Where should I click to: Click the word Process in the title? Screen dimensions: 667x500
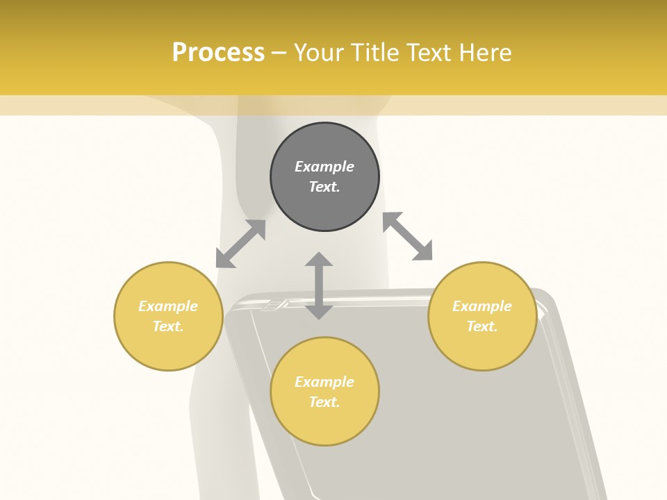tap(218, 52)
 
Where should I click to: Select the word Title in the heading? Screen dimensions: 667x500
tap(376, 52)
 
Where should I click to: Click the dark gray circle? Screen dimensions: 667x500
tap(324, 177)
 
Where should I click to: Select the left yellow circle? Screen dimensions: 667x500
tap(168, 316)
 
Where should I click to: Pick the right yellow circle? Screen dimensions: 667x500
tap(482, 316)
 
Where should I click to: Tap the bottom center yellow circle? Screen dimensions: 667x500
tap(324, 392)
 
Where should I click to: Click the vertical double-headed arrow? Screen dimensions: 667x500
tap(319, 285)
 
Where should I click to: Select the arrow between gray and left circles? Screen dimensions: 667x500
tap(241, 244)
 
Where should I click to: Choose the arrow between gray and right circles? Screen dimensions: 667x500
tap(408, 236)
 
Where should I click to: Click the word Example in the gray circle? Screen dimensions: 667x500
tap(324, 167)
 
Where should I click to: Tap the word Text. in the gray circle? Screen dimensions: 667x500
tap(324, 187)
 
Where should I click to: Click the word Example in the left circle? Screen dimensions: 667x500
tap(168, 306)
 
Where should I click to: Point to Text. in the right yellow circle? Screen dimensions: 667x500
tap(482, 326)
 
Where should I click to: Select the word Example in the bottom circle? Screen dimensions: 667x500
tap(324, 382)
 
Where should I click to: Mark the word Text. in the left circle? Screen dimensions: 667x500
tap(168, 326)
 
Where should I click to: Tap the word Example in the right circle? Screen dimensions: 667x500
tap(482, 306)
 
